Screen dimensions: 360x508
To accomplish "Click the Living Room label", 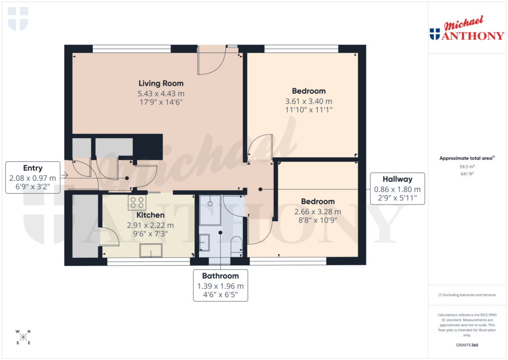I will tap(161, 83).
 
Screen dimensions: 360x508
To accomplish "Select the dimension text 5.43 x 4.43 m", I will tap(161, 93).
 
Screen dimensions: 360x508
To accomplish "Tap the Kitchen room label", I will tap(150, 215).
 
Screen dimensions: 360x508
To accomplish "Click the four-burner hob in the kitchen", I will tap(137, 202).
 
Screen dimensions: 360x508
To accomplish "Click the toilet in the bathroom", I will tap(237, 246).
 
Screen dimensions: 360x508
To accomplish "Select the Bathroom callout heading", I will tap(220, 276).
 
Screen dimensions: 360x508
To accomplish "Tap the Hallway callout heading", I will tap(397, 179).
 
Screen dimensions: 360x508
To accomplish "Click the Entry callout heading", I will tap(33, 168).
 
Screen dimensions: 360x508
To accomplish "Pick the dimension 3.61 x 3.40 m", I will tap(309, 101).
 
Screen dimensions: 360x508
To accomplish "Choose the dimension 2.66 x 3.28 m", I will tap(317, 212).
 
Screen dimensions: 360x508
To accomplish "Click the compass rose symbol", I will tap(23, 337).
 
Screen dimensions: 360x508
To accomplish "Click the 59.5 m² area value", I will tap(466, 167).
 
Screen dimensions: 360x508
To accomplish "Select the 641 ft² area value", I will tap(466, 174).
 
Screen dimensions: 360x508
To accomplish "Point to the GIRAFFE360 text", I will tap(466, 345).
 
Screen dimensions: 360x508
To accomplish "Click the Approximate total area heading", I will tap(465, 158).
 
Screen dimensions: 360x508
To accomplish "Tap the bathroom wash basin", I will tap(205, 242).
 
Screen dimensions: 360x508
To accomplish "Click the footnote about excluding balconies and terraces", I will tap(466, 295).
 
